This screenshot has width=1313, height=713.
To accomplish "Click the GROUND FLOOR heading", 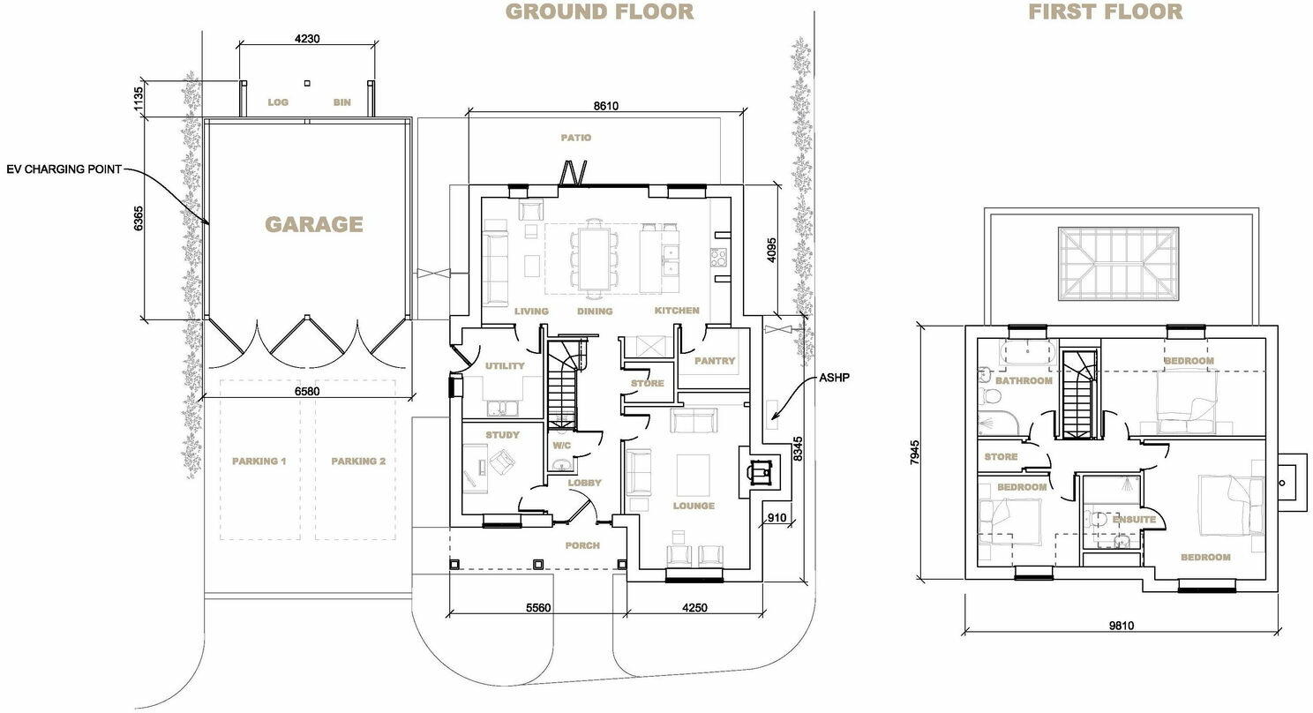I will click(599, 11).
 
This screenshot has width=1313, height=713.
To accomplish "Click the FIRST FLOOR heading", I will click(1106, 11).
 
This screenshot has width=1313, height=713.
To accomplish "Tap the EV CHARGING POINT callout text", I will click(63, 169).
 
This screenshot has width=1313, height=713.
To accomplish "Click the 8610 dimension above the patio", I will click(605, 106).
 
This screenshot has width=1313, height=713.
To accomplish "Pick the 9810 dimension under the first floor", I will click(1121, 626).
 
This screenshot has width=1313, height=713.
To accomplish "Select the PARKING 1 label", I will click(259, 462).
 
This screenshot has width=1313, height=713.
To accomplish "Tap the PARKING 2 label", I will click(358, 462).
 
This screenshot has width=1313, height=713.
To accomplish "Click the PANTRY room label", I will click(714, 361).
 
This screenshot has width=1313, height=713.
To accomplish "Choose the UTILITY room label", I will click(504, 366).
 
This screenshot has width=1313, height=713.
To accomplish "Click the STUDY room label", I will click(502, 435).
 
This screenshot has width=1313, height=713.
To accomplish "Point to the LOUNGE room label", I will click(694, 506).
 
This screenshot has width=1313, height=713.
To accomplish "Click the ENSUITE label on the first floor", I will click(1134, 520).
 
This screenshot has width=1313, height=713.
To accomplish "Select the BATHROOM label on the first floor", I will click(1024, 381).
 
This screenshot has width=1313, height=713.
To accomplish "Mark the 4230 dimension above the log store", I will click(306, 38).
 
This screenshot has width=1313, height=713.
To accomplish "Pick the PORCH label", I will click(582, 545).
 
